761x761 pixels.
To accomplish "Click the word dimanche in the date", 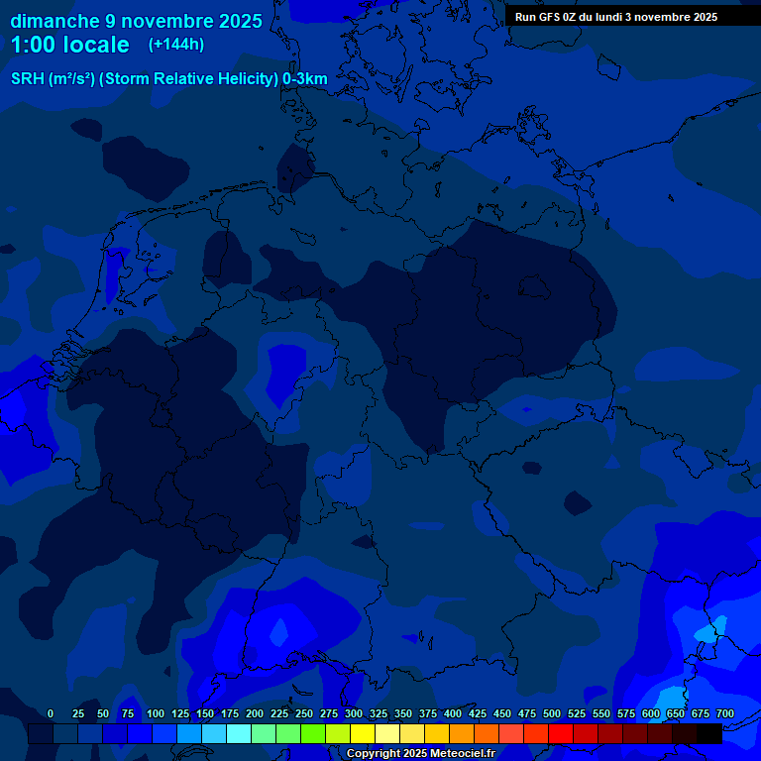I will point(54,21).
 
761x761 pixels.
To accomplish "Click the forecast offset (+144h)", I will point(176,44).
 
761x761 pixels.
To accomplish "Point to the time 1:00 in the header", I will point(30,45).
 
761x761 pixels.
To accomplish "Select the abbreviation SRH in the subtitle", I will point(27,78).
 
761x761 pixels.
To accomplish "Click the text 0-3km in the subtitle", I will point(305,78).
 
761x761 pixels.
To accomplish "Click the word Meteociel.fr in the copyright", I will point(463,753).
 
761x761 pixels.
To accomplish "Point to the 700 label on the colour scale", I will point(725,713).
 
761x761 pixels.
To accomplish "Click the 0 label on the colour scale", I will point(51,713).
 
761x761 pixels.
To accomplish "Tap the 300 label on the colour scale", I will point(354,713).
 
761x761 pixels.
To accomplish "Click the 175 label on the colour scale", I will point(230,713).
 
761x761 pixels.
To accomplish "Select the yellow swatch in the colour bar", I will point(363,733).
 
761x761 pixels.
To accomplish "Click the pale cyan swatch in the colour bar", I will point(239,733).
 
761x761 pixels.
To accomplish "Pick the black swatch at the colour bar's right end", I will point(709,733).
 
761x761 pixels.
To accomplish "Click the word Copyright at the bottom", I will point(373,753).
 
